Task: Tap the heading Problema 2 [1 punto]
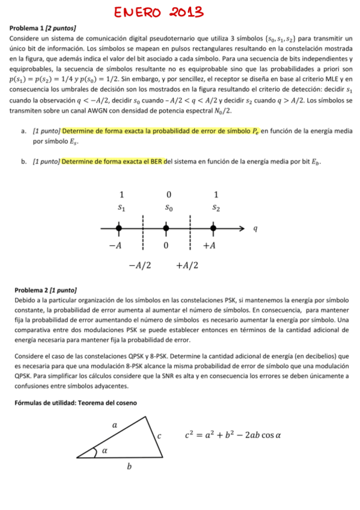[46, 290]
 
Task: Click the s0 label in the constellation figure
[169, 208]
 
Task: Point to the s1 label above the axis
[121, 208]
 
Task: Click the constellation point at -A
[119, 229]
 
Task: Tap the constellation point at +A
[213, 229]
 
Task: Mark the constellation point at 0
[166, 229]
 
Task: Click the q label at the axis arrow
[255, 229]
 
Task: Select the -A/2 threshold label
[139, 265]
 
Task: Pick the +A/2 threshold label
[188, 265]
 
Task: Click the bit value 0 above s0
[169, 195]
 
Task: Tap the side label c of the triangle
[159, 435]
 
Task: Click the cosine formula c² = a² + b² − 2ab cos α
[232, 435]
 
